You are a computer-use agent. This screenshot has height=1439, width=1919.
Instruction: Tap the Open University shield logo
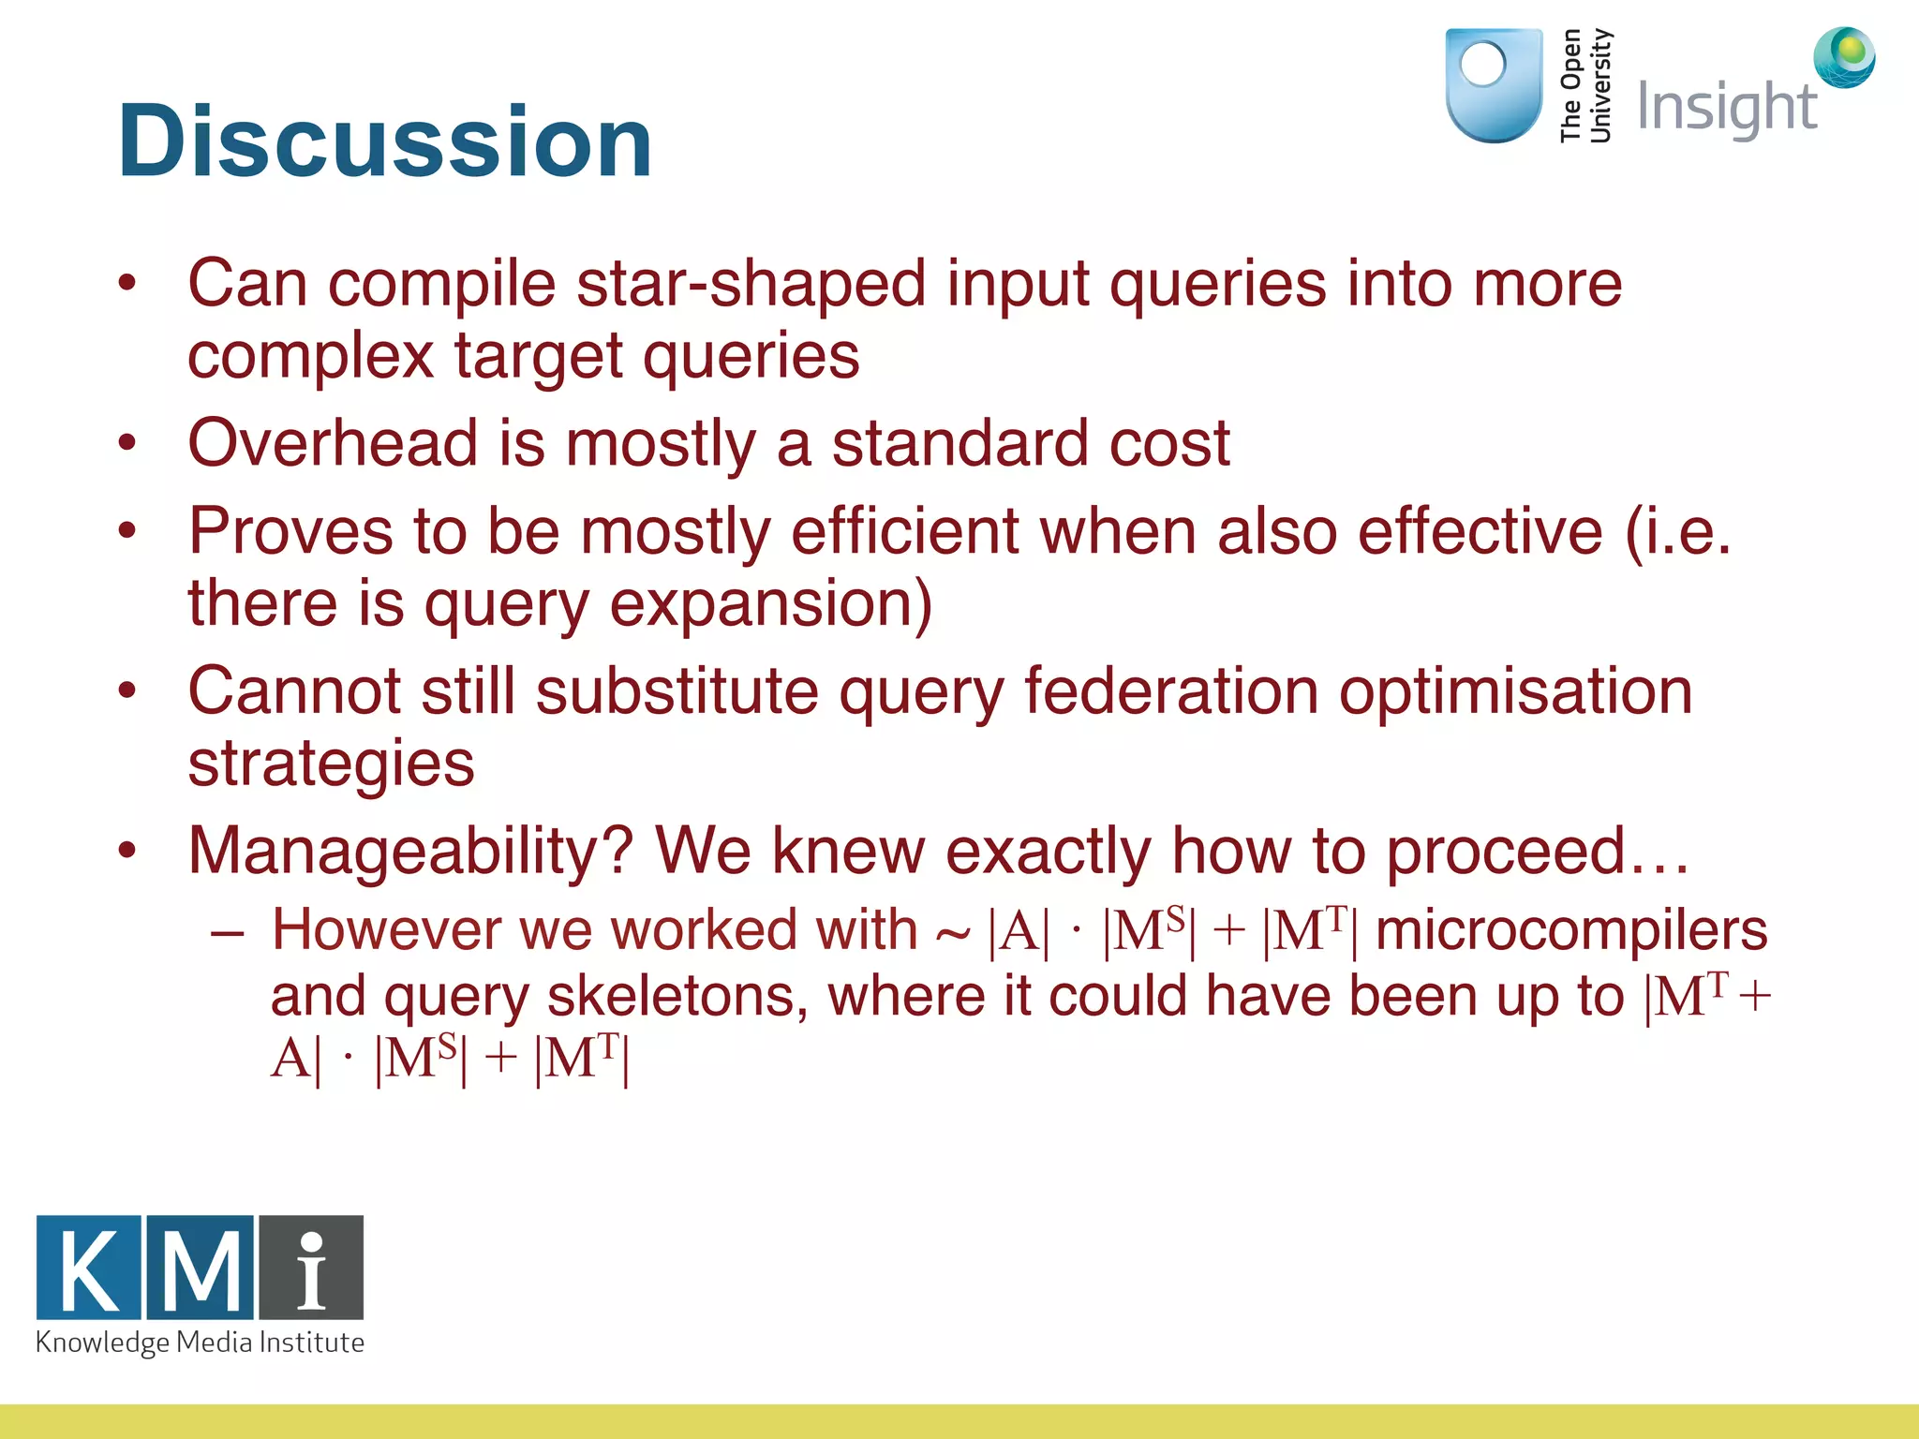point(1494,85)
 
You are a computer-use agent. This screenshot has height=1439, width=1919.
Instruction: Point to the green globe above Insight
point(1844,57)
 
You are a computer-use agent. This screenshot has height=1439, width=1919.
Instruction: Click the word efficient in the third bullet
point(904,531)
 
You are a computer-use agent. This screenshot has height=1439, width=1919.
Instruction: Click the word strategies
point(331,764)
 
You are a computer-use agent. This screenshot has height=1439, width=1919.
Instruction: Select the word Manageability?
point(410,851)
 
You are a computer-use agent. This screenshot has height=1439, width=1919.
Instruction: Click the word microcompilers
point(1570,930)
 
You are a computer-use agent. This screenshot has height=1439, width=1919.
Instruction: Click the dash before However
point(228,933)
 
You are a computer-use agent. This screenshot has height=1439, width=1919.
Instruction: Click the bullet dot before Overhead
point(127,443)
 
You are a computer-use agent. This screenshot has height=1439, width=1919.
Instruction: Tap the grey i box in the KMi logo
point(311,1268)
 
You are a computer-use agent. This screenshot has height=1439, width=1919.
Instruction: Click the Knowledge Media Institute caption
point(200,1343)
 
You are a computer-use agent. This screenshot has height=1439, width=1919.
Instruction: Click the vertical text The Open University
point(1584,85)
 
